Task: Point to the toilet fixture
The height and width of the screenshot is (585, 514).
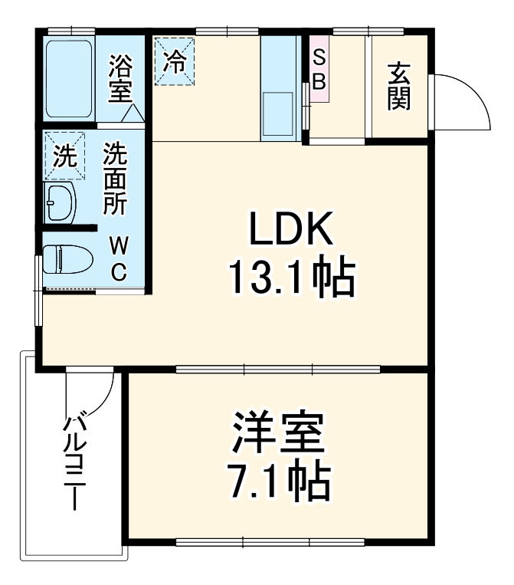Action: (67, 258)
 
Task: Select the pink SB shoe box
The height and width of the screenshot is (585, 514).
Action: (319, 68)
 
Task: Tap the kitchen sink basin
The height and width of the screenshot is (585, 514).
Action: (279, 114)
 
